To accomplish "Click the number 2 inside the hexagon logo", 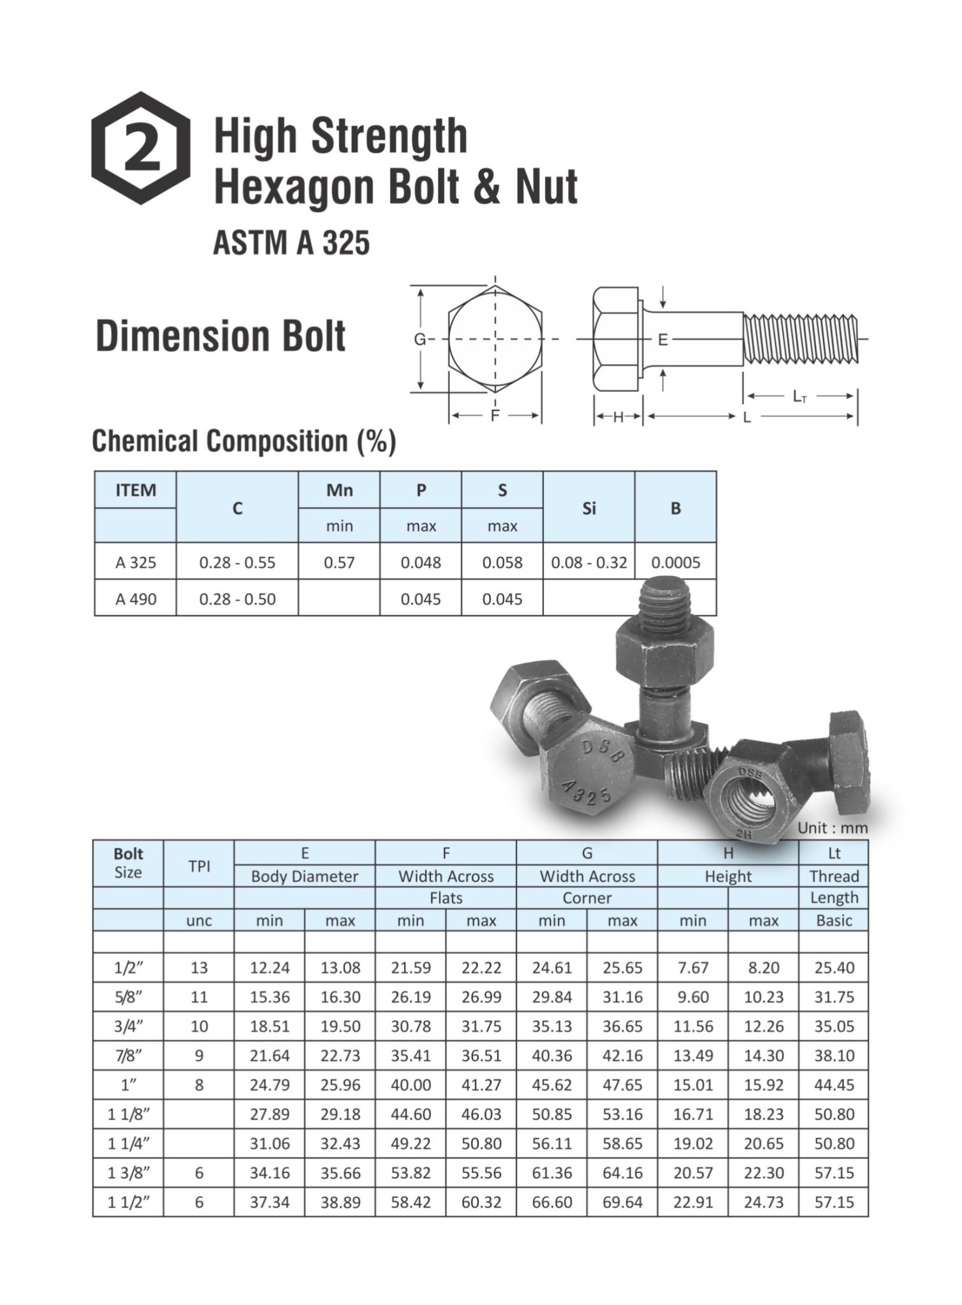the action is point(141,148).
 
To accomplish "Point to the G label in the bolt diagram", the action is point(419,340).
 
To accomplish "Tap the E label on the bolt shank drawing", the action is point(663,340).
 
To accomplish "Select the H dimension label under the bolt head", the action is point(618,417).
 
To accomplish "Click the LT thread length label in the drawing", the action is point(799,396).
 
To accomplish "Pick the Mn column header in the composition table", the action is point(339,489).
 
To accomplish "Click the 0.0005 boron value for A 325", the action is point(676,563).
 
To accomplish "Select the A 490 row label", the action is point(135,599).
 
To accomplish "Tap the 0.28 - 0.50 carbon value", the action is point(237,599).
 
